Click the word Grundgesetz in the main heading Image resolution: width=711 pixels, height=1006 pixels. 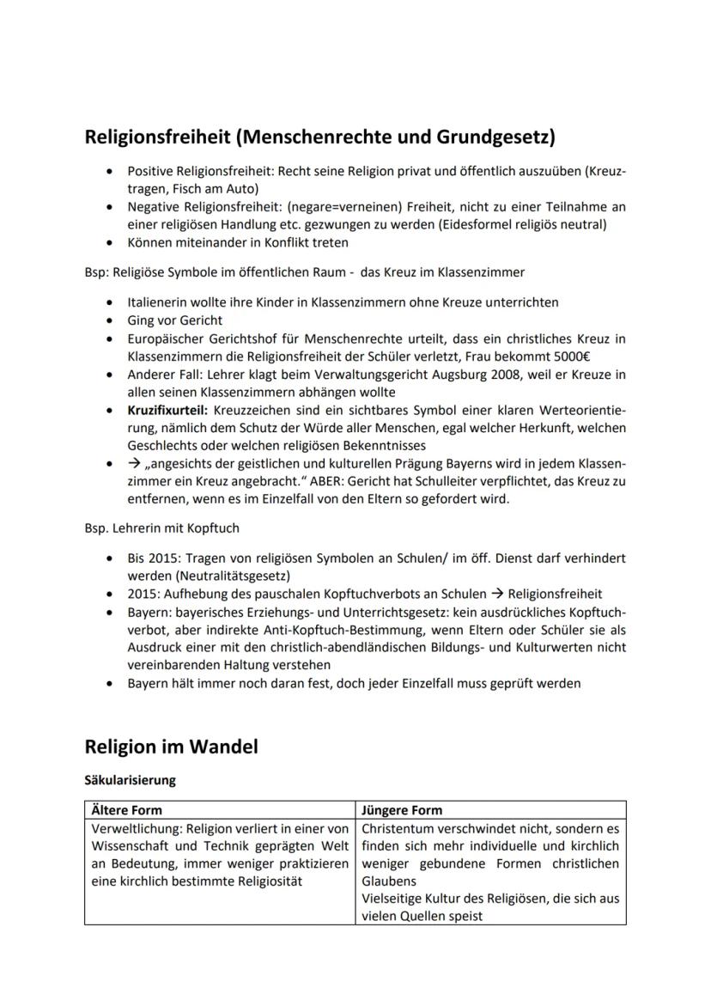[x=490, y=136]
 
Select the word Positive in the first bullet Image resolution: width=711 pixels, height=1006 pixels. [x=151, y=171]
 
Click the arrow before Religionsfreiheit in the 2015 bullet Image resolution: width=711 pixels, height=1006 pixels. [x=495, y=594]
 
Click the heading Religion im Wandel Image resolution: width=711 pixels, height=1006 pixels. [x=171, y=747]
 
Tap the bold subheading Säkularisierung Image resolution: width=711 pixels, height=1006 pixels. [x=130, y=780]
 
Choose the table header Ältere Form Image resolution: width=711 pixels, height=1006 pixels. [x=126, y=810]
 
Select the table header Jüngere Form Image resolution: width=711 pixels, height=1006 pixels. [x=402, y=810]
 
